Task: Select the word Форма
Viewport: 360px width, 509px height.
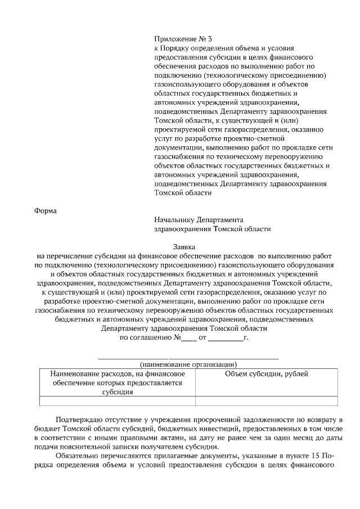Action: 46,211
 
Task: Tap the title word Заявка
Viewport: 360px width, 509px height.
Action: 186,246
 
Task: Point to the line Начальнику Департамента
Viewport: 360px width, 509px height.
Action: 198,220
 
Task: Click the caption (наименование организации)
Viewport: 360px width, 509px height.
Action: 188,364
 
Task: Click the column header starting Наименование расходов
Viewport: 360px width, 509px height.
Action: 118,382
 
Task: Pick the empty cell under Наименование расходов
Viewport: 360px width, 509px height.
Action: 118,401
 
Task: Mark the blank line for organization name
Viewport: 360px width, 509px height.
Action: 188,357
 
